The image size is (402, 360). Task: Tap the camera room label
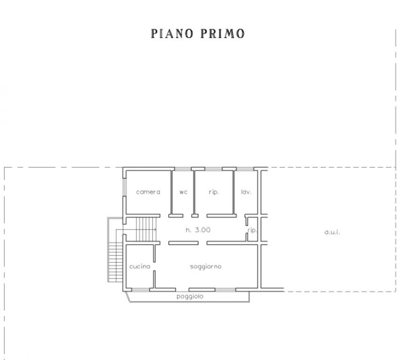pyautogui.click(x=148, y=192)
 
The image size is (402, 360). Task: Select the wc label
pyautogui.click(x=183, y=192)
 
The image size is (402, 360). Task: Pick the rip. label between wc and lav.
pyautogui.click(x=214, y=192)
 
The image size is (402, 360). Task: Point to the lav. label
pyautogui.click(x=246, y=192)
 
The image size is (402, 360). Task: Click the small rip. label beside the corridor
pyautogui.click(x=252, y=230)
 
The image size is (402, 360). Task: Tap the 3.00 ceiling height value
pyautogui.click(x=203, y=230)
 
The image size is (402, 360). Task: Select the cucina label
pyautogui.click(x=140, y=266)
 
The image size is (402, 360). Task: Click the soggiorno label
pyautogui.click(x=205, y=266)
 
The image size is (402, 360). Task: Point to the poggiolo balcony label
pyautogui.click(x=190, y=296)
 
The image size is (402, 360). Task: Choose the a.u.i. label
pyautogui.click(x=332, y=232)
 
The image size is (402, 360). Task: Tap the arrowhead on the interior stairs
pyautogui.click(x=155, y=229)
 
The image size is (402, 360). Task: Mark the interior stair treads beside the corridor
pyautogui.click(x=145, y=229)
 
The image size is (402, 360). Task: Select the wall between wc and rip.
pyautogui.click(x=195, y=192)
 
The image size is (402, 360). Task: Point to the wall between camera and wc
pyautogui.click(x=171, y=192)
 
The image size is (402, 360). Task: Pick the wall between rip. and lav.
pyautogui.click(x=234, y=192)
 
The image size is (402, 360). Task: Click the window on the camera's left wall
pyautogui.click(x=124, y=187)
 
